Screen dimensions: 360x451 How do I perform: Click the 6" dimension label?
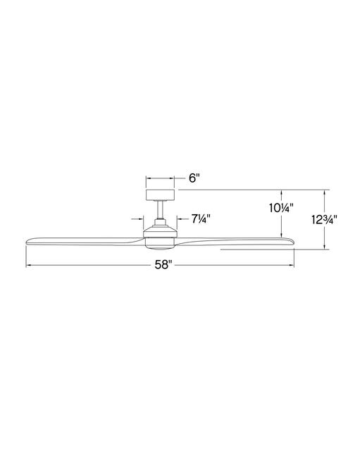pyautogui.click(x=194, y=178)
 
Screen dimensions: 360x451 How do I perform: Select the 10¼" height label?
pyautogui.click(x=281, y=208)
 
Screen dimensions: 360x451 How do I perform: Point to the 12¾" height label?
pyautogui.click(x=324, y=220)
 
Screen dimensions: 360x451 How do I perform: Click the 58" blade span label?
pyautogui.click(x=163, y=265)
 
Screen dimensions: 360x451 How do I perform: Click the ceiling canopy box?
pyautogui.click(x=161, y=194)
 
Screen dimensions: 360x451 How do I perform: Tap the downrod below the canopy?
pyautogui.click(x=161, y=209)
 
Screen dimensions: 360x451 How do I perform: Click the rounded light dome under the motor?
pyautogui.click(x=161, y=243)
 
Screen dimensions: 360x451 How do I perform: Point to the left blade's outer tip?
pyautogui.click(x=26, y=242)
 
